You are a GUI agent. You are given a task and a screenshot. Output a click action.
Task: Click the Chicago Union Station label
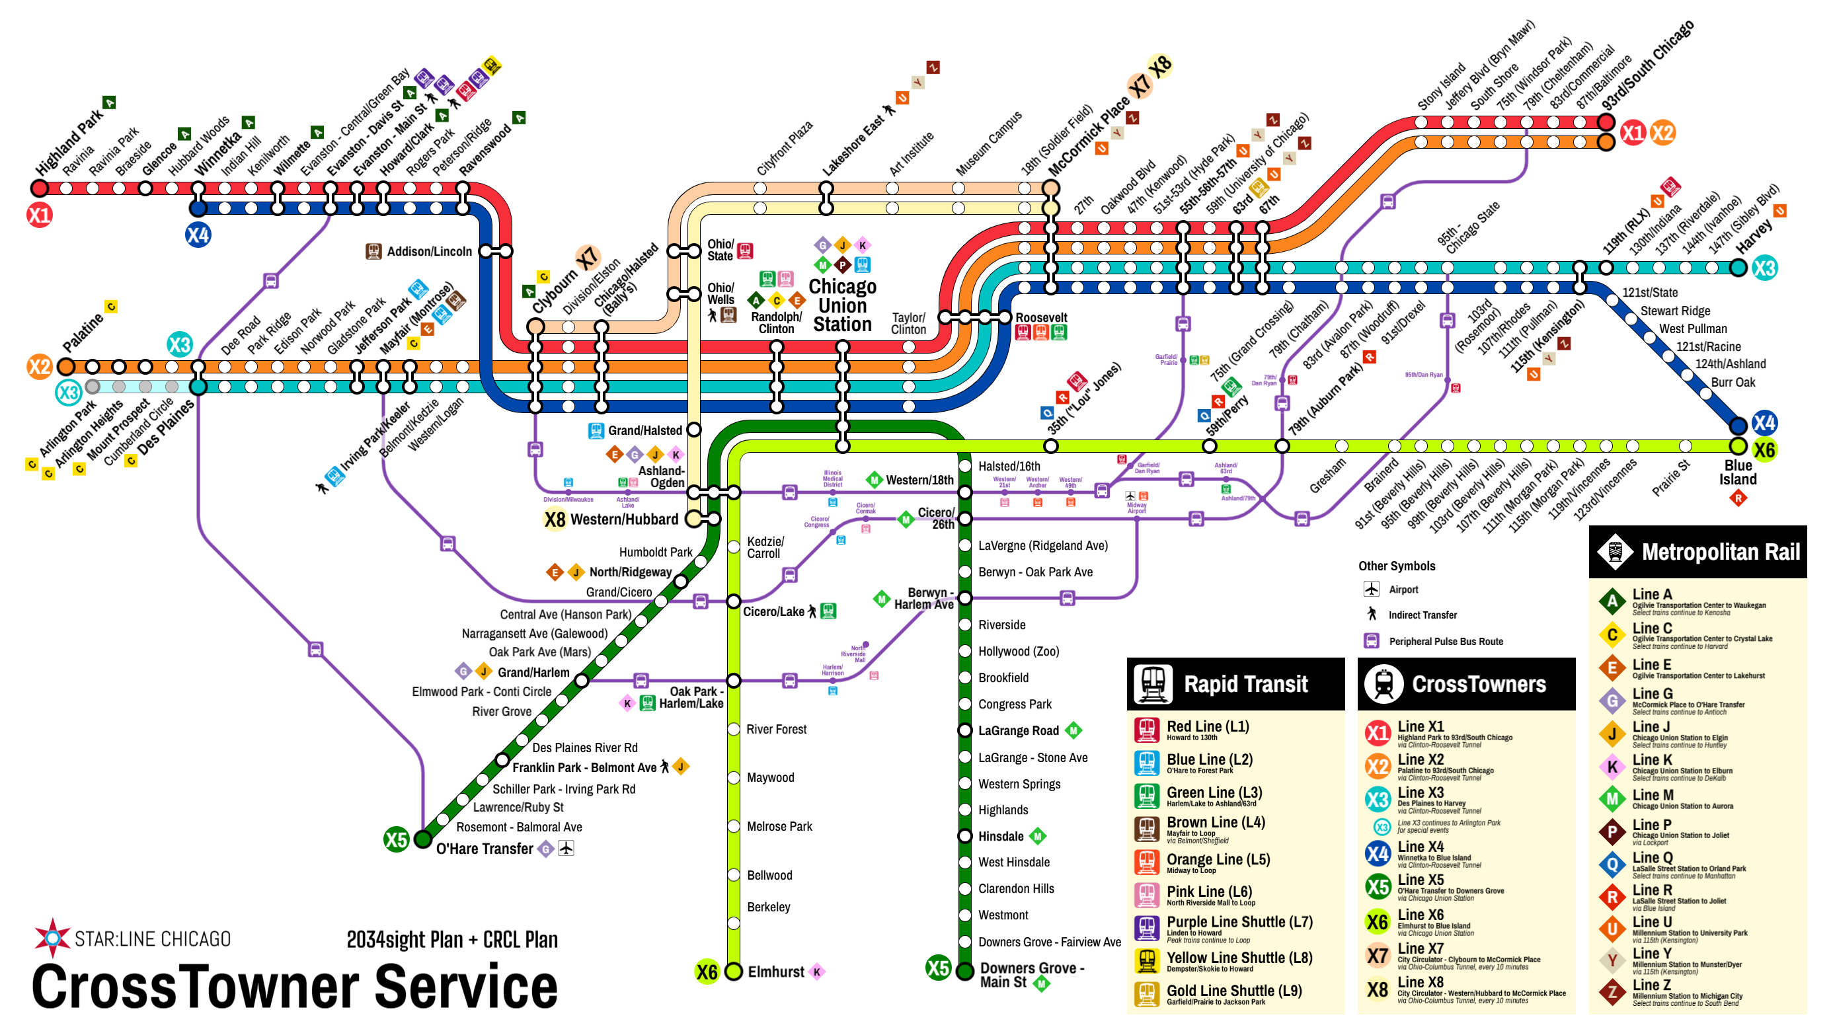click(x=842, y=305)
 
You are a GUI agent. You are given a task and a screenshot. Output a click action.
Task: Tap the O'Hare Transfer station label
click(x=484, y=849)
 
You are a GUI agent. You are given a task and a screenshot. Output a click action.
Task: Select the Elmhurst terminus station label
click(x=775, y=972)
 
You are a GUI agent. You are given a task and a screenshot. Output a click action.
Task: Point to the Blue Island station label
click(x=1737, y=473)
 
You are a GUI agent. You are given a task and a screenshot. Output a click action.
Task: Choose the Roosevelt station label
click(x=1040, y=318)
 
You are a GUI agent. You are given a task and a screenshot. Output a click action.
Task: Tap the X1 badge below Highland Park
click(x=40, y=215)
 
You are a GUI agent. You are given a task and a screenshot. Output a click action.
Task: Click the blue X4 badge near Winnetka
click(x=198, y=235)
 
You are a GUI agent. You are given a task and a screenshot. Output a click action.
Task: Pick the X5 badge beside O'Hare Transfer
click(x=396, y=839)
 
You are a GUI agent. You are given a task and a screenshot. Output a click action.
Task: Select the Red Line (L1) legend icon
click(x=1146, y=730)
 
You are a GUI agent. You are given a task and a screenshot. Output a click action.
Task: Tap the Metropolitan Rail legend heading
click(x=1720, y=552)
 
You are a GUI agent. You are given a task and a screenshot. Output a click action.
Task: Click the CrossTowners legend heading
click(x=1479, y=684)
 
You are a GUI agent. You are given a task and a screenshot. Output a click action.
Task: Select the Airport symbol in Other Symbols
click(x=1371, y=589)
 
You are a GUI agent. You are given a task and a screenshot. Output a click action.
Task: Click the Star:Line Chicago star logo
click(x=53, y=936)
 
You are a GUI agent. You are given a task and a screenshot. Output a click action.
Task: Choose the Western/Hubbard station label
click(x=623, y=519)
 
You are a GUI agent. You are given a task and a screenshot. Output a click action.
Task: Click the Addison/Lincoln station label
click(x=428, y=251)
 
